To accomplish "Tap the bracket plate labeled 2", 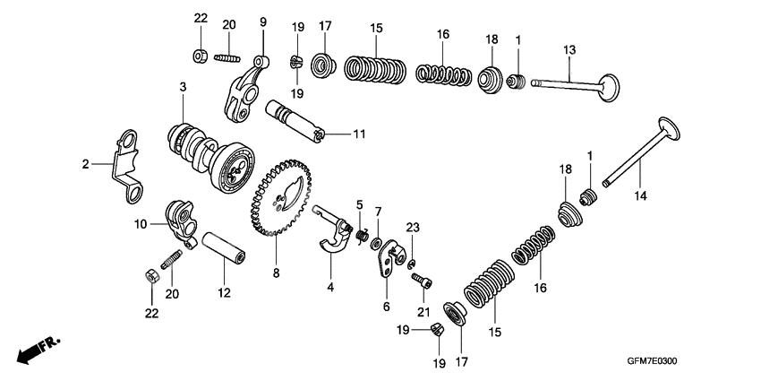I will coord(125,161).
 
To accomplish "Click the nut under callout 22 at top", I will coord(201,56).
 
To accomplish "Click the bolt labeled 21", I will coord(422,281).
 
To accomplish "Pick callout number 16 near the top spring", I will coord(441,34).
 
